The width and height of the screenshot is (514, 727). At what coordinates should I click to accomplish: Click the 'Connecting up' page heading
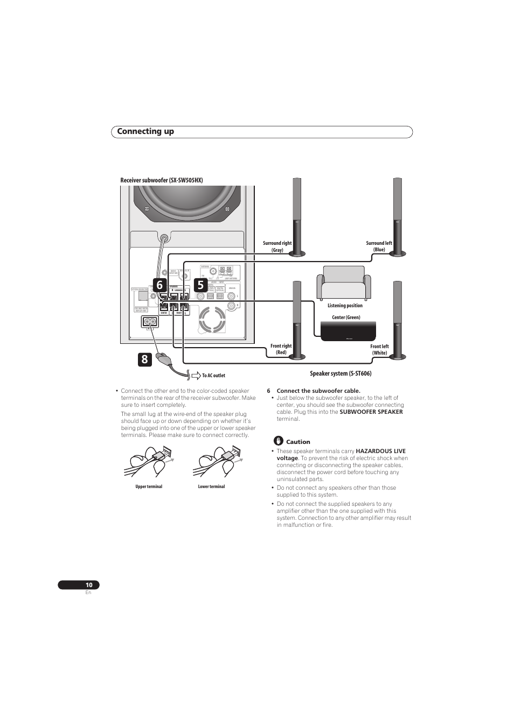(145, 132)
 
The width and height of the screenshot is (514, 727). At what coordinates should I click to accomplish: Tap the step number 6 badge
(159, 285)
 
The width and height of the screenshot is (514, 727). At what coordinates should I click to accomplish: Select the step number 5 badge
(200, 285)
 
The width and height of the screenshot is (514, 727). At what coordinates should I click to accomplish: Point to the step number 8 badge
(144, 359)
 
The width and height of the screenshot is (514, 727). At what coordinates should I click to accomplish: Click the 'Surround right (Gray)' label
(277, 246)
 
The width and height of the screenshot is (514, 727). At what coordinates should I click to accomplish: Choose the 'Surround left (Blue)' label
(379, 246)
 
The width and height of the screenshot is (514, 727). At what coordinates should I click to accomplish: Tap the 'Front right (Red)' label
(281, 349)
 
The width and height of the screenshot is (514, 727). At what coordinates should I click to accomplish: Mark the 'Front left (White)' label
(379, 350)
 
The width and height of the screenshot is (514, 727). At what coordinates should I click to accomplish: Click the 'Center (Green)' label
(346, 317)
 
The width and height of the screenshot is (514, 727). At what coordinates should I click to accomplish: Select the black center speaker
(348, 331)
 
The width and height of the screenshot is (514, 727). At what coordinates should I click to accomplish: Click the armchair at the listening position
(344, 283)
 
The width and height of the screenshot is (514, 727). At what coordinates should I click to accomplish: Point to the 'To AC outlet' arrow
(196, 375)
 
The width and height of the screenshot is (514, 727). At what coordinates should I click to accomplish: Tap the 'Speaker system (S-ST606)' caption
(341, 373)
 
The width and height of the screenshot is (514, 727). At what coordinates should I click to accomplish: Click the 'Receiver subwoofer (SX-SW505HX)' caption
(162, 180)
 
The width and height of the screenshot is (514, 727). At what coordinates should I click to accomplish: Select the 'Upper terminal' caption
(149, 486)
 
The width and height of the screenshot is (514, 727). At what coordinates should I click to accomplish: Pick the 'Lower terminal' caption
(211, 486)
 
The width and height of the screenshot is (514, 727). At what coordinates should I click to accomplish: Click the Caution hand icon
(279, 441)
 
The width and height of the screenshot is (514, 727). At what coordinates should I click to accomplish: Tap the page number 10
(89, 585)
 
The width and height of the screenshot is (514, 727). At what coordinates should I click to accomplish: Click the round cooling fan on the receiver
(212, 320)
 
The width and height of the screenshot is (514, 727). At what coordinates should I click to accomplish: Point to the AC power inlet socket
(150, 322)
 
